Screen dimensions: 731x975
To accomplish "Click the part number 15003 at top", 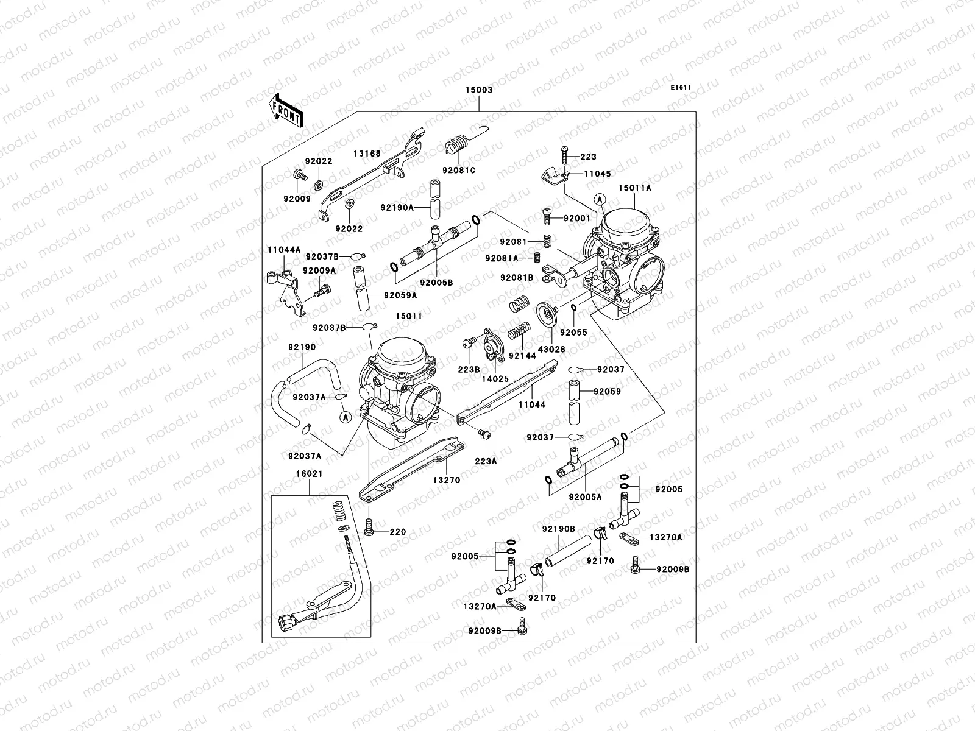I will tap(480, 90).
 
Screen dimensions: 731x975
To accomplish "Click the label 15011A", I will tap(635, 188).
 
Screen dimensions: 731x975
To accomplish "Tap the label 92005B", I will tap(436, 282).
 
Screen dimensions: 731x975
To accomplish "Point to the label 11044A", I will tap(284, 250).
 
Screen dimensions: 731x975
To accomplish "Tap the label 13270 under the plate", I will tap(446, 480).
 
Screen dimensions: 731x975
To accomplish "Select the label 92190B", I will tap(558, 529).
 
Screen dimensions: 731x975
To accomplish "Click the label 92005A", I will tap(585, 497).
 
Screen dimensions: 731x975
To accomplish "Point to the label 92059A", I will tap(400, 295).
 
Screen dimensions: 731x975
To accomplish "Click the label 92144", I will tap(523, 356).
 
